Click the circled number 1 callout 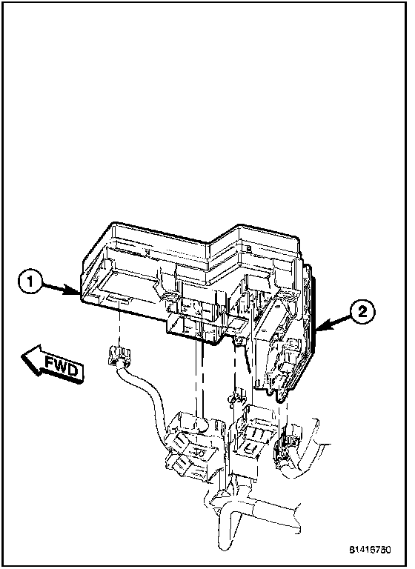click(x=30, y=282)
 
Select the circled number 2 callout click(x=362, y=311)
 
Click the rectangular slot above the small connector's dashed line click(x=119, y=300)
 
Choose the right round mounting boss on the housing click(x=289, y=295)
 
